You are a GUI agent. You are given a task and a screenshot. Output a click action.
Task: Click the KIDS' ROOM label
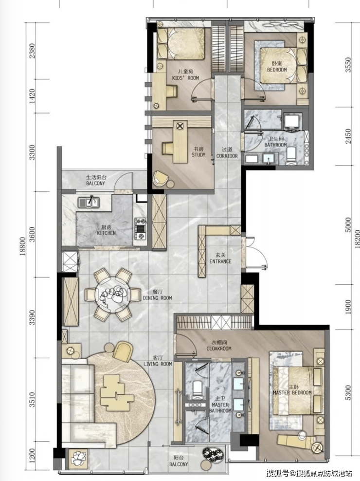185,78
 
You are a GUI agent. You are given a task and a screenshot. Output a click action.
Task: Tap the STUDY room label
198,155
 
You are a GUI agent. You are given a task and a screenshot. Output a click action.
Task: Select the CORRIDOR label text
227,156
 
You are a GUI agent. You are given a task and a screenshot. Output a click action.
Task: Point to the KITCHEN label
107,233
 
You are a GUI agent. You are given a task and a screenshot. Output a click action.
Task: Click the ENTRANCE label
220,261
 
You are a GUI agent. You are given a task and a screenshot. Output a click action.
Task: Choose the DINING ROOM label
157,298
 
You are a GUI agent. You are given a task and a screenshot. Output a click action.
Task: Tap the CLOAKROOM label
219,349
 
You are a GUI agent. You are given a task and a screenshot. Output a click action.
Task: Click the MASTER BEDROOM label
292,393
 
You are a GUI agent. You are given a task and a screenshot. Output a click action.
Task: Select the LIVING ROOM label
158,364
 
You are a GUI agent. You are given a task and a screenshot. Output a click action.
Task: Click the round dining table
113,295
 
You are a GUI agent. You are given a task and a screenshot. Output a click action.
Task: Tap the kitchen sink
89,202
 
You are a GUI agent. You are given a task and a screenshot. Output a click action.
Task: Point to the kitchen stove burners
141,228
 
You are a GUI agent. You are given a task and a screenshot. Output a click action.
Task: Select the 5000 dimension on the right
348,225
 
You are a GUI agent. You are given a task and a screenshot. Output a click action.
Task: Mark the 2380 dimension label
32,51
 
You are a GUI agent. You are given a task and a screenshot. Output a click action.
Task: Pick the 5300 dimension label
348,393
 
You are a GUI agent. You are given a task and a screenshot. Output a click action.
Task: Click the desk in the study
180,142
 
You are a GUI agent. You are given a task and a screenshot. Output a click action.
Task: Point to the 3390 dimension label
32,317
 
